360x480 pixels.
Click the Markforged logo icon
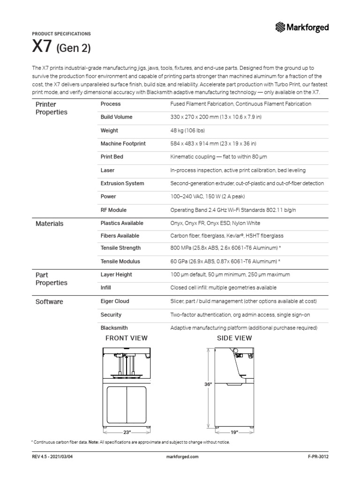(x=280, y=28)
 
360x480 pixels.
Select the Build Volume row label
(x=116, y=117)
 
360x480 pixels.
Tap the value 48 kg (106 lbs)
(x=187, y=131)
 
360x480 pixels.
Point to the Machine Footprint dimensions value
(x=213, y=144)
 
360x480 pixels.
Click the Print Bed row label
(x=112, y=157)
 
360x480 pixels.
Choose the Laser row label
(x=107, y=170)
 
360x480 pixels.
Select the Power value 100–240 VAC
(x=208, y=197)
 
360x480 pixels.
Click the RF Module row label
(x=113, y=210)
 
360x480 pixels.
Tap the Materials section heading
(x=49, y=224)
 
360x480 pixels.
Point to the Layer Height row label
(x=116, y=275)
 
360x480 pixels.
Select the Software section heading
(x=49, y=302)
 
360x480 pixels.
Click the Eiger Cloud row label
(x=115, y=301)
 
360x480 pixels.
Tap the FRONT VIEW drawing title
(x=127, y=338)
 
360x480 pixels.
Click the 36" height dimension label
(x=208, y=384)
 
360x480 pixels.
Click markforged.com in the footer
(x=182, y=457)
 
